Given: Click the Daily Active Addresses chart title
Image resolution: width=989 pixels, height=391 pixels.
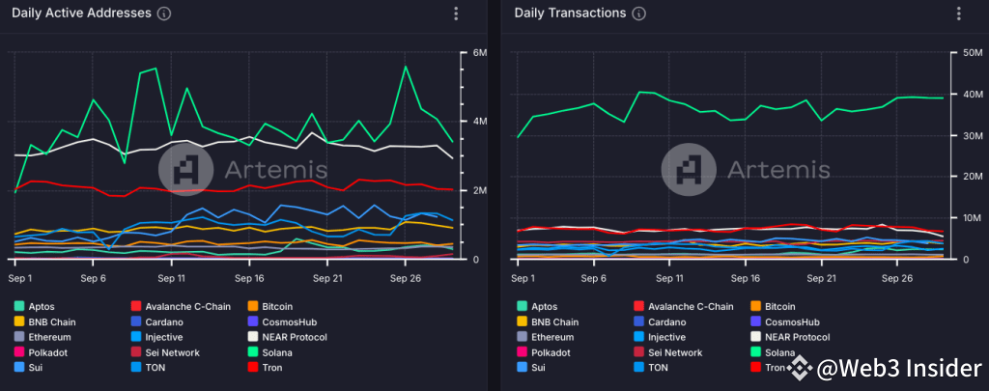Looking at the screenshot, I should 81,14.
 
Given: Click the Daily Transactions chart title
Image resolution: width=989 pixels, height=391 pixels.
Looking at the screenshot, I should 570,14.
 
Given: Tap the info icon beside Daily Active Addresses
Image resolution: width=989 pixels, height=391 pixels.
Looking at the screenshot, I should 164,14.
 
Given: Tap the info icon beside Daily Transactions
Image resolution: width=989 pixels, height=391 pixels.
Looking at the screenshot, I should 639,14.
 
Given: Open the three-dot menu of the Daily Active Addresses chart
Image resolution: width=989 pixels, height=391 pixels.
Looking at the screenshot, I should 456,14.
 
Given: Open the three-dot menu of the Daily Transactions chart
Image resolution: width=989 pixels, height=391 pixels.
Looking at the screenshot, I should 958,14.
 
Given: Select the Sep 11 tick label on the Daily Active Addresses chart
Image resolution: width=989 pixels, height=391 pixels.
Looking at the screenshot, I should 171,278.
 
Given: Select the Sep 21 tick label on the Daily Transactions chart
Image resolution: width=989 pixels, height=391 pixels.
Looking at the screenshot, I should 822,278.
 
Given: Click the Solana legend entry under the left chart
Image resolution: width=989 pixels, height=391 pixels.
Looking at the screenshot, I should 285,352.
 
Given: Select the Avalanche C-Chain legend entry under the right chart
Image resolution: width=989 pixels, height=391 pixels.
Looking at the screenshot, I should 685,306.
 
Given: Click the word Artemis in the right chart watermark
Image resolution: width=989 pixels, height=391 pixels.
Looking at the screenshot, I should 777,170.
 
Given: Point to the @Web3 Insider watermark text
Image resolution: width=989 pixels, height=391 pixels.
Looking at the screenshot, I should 897,369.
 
